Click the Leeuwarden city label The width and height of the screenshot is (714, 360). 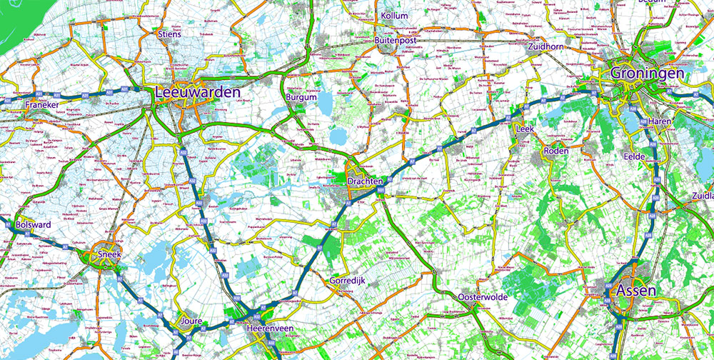point(198,92)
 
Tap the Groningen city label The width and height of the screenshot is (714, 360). point(648,73)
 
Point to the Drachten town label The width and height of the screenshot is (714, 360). point(366,182)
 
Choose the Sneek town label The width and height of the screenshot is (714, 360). point(109,254)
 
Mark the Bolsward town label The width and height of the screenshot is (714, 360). point(33,224)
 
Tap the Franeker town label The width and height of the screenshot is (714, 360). point(41,105)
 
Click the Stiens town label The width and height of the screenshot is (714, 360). point(169,34)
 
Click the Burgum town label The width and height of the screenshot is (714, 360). point(301,96)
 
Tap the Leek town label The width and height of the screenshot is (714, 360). point(524,129)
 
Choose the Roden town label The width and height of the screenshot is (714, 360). point(555,151)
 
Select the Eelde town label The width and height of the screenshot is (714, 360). point(633,156)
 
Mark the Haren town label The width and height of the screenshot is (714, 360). point(660,122)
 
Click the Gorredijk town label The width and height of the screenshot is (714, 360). point(347,281)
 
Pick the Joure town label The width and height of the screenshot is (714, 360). point(193,321)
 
